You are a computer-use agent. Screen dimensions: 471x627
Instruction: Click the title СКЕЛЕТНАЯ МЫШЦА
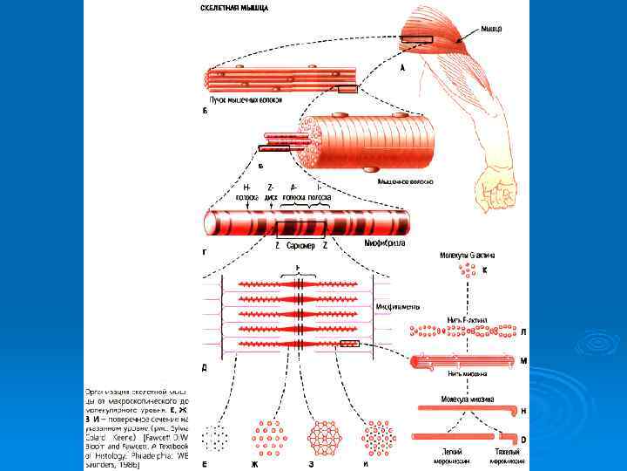click(234, 8)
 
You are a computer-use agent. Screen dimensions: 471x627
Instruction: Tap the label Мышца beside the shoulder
click(491, 29)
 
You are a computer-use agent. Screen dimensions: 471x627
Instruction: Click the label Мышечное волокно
click(405, 181)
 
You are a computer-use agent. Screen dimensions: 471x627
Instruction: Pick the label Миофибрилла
click(384, 243)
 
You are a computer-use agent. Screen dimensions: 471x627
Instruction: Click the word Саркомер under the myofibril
click(300, 247)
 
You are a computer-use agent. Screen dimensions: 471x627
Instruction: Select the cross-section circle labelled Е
click(215, 437)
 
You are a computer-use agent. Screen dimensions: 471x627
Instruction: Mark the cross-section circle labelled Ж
click(270, 437)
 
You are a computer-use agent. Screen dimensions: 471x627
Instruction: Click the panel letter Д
click(204, 367)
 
